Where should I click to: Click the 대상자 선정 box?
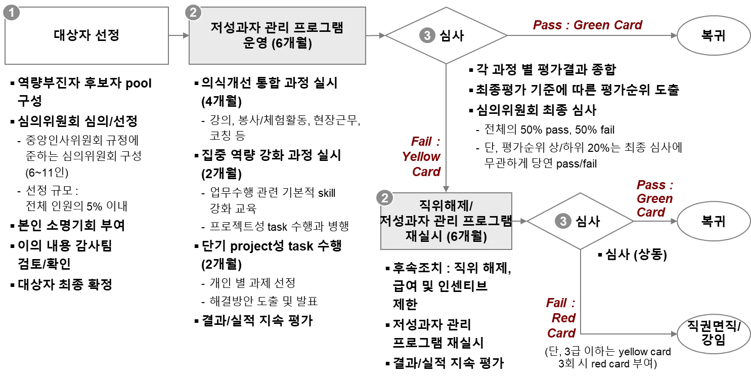[x=86, y=35]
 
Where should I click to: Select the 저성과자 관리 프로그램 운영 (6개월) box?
[x=277, y=35]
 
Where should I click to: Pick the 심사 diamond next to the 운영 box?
[x=447, y=35]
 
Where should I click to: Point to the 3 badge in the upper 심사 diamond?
[x=427, y=35]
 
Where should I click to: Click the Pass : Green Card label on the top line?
[x=587, y=25]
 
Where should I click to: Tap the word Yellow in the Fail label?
[x=421, y=156]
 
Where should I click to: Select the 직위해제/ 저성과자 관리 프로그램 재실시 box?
[x=447, y=221]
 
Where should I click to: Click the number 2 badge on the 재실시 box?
[x=385, y=198]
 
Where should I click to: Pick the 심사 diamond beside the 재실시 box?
[x=580, y=221]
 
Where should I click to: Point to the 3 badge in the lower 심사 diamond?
[x=562, y=221]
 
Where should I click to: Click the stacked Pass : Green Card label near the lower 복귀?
[x=655, y=198]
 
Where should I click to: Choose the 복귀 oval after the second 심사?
[x=713, y=221]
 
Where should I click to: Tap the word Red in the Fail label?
[x=563, y=318]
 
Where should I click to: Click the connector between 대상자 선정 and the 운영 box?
[x=178, y=35]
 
